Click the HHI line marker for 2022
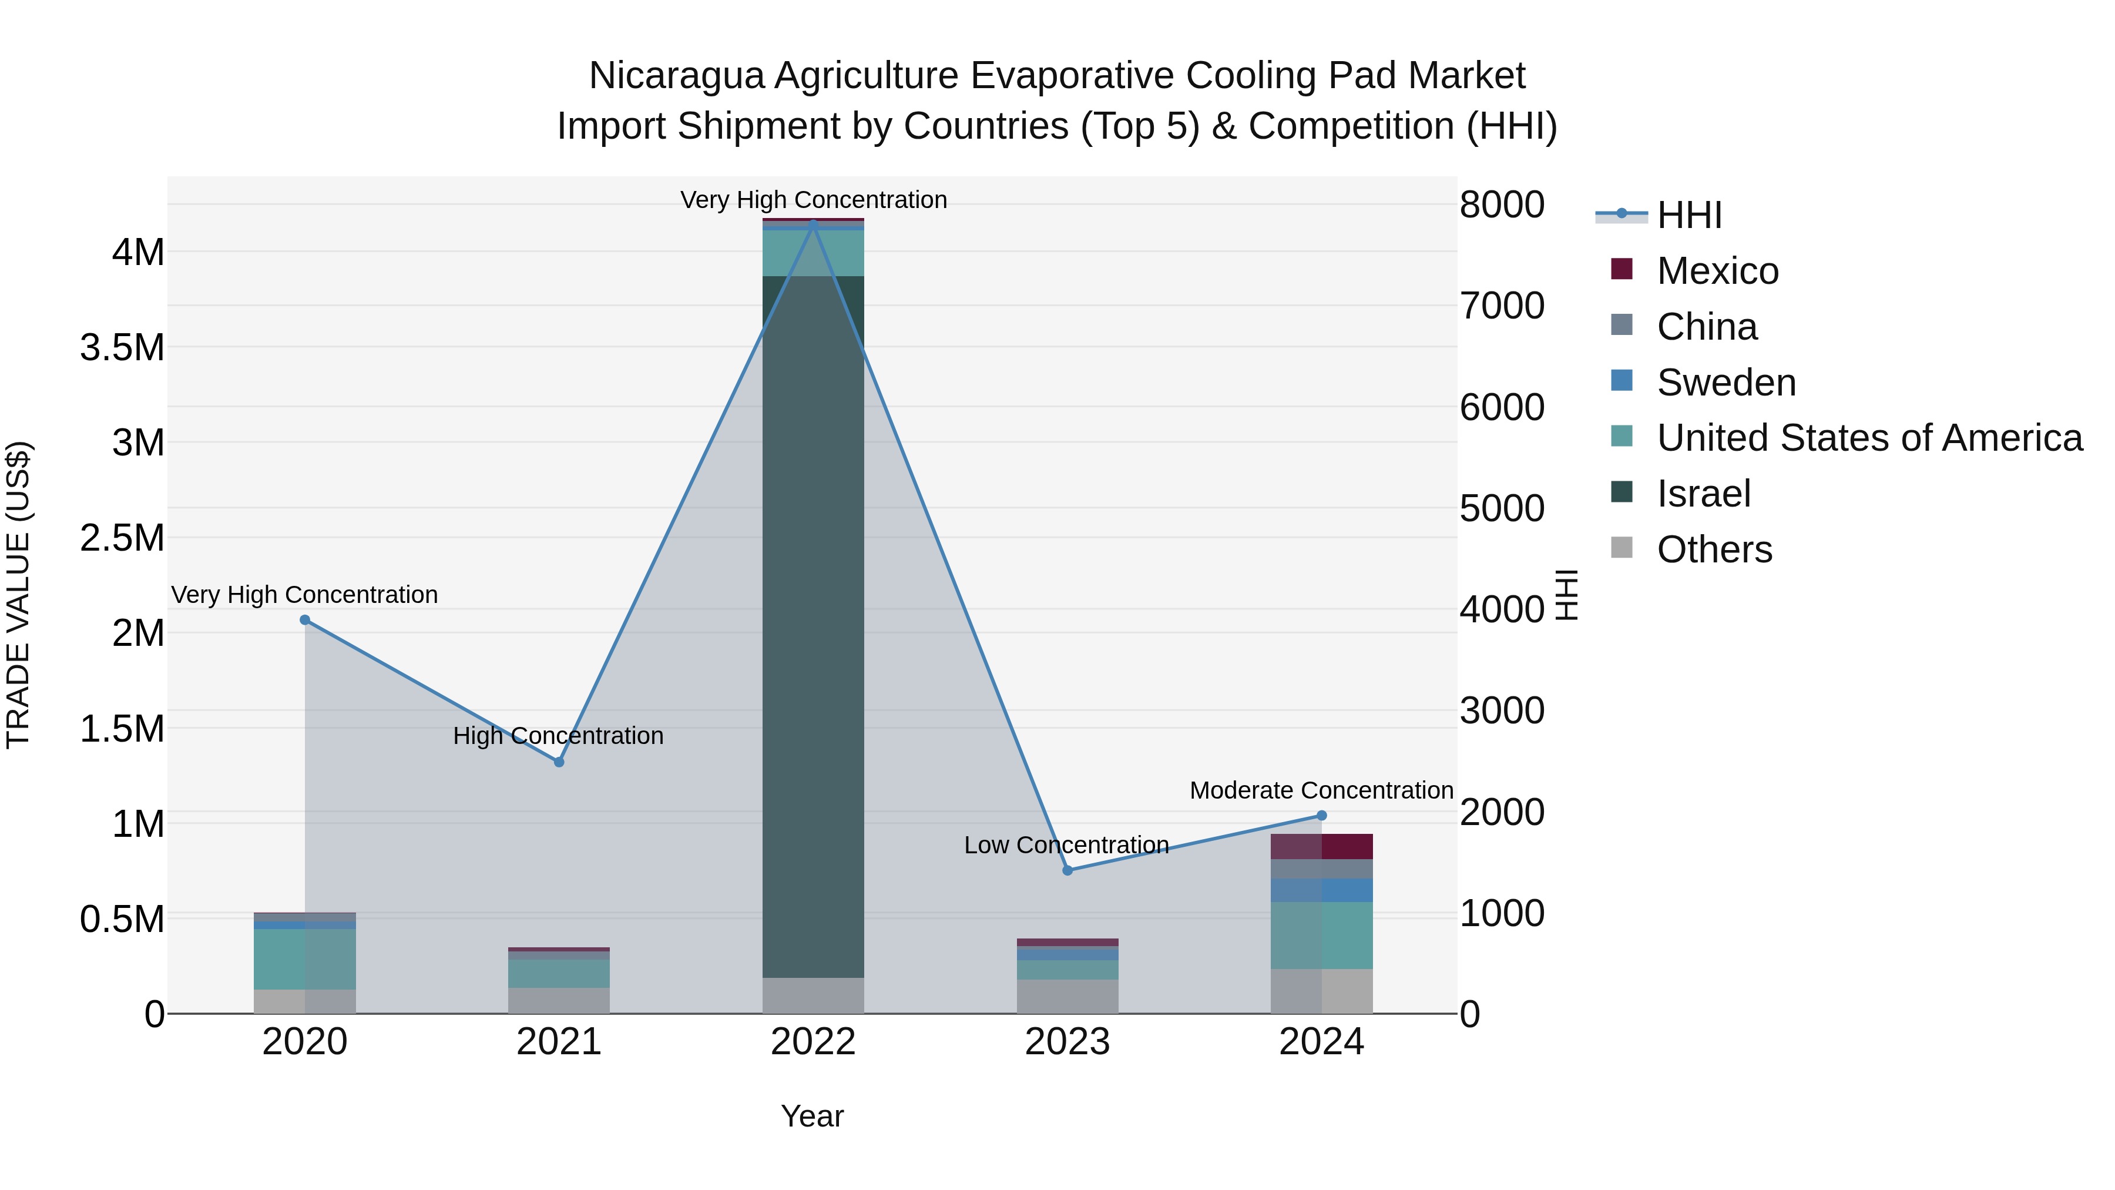813,223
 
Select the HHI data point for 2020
304,620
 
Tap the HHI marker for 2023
1067,870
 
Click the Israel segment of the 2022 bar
813,624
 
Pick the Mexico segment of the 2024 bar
1322,847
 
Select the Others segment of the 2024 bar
1322,991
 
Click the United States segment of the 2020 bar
304,958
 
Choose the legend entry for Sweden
1726,383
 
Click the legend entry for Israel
1704,494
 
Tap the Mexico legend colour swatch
1621,269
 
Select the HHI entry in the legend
1689,215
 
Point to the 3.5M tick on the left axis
122,347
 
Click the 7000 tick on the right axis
1502,306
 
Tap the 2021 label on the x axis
558,1042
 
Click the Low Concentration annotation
1066,845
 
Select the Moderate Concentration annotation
1321,790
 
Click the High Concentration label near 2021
558,736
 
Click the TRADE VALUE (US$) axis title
19,595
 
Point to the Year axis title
812,1116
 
